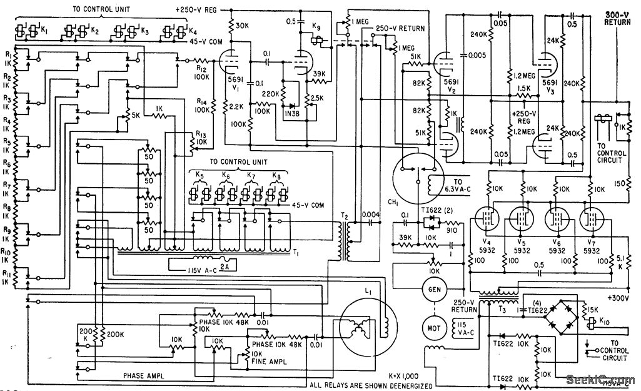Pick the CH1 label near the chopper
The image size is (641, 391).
pyautogui.click(x=393, y=202)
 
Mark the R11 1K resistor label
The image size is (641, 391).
pyautogui.click(x=8, y=277)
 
